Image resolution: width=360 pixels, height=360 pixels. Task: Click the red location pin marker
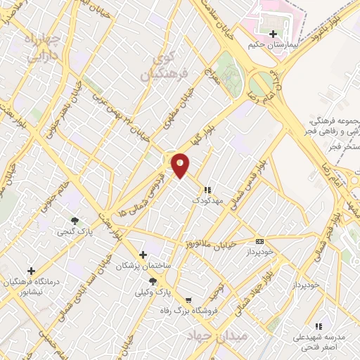[x=181, y=164]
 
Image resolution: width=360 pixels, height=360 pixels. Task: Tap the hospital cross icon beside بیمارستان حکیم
[x=272, y=33]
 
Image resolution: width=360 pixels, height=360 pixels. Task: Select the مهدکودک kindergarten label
[x=206, y=200]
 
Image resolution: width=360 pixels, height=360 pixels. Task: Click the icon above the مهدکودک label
[x=207, y=190]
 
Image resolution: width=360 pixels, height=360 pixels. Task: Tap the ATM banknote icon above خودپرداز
[x=259, y=240]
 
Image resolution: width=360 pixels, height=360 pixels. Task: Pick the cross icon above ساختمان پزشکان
[x=143, y=255]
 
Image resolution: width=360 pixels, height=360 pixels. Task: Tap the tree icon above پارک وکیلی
[x=153, y=281]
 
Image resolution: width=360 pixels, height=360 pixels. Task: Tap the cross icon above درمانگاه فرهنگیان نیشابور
[x=31, y=271]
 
